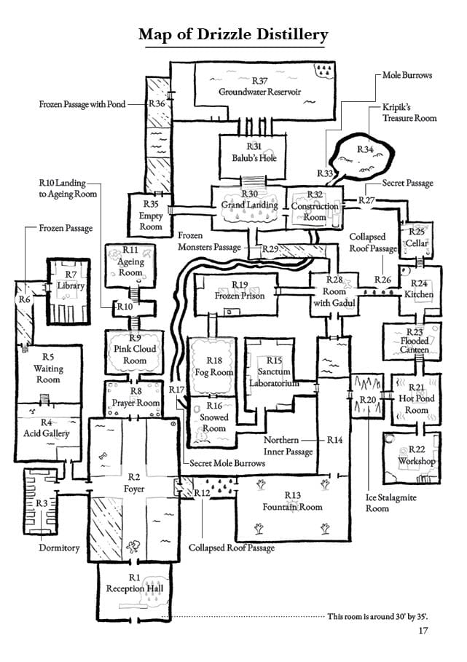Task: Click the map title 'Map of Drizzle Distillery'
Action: pos(233,35)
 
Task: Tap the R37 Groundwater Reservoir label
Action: pos(259,86)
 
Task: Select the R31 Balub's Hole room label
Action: pos(254,152)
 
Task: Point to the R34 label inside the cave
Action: pos(366,149)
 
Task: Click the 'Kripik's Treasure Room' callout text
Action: pos(409,113)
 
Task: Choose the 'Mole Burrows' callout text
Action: pos(407,75)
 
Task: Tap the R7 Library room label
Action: pos(71,280)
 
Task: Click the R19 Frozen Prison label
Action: pos(240,291)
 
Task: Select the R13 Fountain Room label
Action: pos(292,501)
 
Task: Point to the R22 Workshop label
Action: pos(416,455)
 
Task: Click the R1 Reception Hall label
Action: pos(134,583)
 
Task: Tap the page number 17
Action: pos(423,631)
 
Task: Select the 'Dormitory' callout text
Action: pos(59,548)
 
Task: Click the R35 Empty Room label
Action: pos(151,216)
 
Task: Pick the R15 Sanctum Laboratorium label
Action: pos(274,371)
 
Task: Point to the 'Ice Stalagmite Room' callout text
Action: pos(391,503)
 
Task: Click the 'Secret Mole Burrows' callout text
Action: pos(227,463)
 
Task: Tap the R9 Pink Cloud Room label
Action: pos(135,349)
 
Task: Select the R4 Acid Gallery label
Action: pos(46,427)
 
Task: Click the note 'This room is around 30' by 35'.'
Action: pos(377,616)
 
